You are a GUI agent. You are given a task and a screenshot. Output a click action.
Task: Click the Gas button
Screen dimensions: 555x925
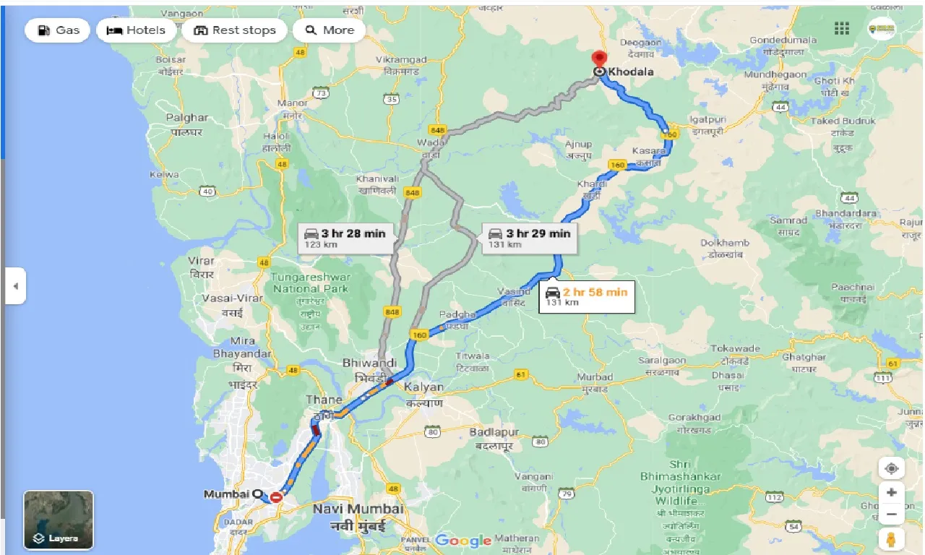[x=58, y=30]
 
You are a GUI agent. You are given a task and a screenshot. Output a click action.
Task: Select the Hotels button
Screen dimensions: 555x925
[x=137, y=30]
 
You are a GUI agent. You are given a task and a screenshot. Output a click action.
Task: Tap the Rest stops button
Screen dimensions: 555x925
[x=235, y=30]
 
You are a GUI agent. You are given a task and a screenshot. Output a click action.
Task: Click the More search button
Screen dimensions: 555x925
[x=330, y=30]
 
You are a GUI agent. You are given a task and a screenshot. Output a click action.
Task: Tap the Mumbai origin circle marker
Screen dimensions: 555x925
[x=257, y=494]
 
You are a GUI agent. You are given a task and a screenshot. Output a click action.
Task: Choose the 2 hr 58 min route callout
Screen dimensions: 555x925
[x=586, y=296]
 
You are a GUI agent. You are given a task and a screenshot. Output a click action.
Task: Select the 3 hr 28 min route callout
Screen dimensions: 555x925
[x=345, y=238]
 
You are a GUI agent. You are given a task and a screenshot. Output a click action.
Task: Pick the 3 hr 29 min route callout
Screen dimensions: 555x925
[x=530, y=238]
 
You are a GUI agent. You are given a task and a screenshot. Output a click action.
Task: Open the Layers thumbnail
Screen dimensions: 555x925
[x=59, y=520]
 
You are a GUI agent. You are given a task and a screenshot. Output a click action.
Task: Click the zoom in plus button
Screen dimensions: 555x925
[x=891, y=493]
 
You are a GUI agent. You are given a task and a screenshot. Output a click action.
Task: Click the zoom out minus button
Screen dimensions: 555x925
[x=891, y=515]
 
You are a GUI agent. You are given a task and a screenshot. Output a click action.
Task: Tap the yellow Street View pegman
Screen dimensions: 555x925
[x=891, y=540]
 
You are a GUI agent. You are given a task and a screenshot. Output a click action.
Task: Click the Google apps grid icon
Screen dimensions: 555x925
[x=842, y=28]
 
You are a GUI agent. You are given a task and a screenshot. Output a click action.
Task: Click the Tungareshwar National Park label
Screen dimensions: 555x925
[x=311, y=283]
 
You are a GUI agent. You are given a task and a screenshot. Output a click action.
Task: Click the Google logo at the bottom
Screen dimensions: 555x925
[x=462, y=540]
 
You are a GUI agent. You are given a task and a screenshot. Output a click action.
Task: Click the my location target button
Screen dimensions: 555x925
[x=891, y=468]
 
